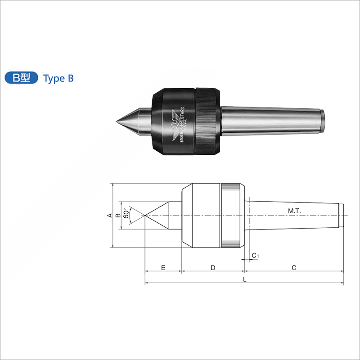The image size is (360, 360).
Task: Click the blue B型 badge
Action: [21, 78]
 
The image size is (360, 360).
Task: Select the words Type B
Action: [58, 78]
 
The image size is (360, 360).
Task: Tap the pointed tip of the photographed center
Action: [117, 121]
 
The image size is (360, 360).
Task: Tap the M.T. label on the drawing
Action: [294, 211]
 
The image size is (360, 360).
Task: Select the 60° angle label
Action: [126, 213]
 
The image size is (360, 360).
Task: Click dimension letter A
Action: [110, 216]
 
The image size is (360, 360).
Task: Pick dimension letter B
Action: [118, 216]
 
